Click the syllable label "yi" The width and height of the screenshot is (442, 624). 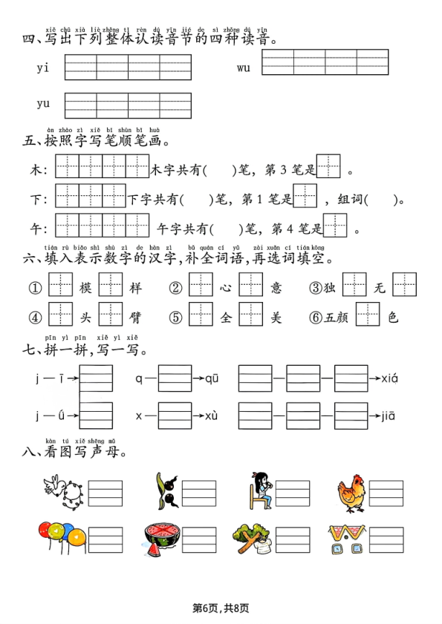(x=42, y=68)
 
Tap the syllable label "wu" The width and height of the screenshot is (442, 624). (x=244, y=68)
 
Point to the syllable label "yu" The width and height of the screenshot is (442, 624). (x=43, y=104)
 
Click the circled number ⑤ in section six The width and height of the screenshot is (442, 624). (x=176, y=318)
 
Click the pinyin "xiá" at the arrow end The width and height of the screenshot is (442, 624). (x=390, y=379)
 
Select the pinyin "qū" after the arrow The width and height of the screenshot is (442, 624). (x=212, y=379)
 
